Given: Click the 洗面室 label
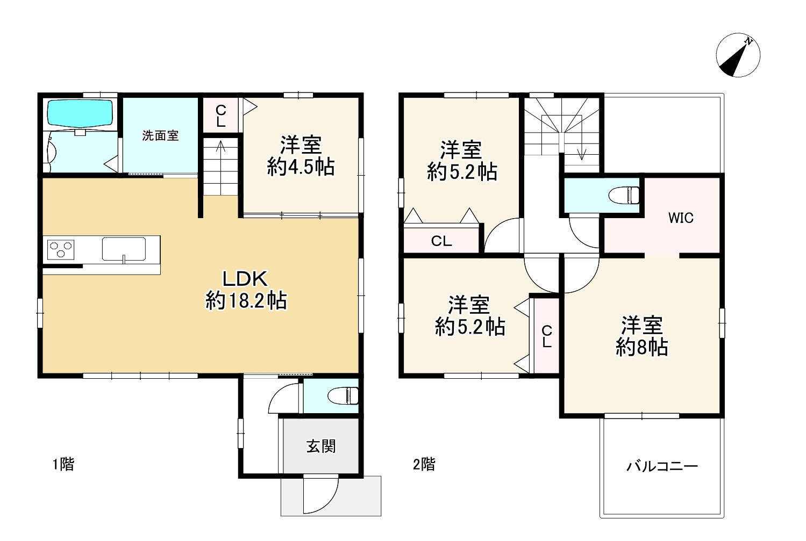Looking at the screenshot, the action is (x=160, y=135).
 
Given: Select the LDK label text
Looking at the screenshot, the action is (x=245, y=279).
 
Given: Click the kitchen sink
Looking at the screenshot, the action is (x=124, y=249).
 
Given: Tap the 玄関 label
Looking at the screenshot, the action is (x=321, y=446).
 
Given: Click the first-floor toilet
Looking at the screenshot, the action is (x=343, y=396).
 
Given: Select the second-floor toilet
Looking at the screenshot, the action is (x=624, y=195).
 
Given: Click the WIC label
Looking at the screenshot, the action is (x=681, y=218).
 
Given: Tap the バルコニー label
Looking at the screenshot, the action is (x=662, y=466).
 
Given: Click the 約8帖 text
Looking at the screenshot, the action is (x=642, y=347).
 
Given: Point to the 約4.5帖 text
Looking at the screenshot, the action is (x=301, y=167).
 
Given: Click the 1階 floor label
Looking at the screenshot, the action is (x=63, y=464).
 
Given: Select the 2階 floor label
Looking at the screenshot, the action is (x=424, y=464).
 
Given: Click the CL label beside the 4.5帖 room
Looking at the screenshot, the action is (x=220, y=116).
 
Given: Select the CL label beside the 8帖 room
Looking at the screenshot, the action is (x=547, y=336).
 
